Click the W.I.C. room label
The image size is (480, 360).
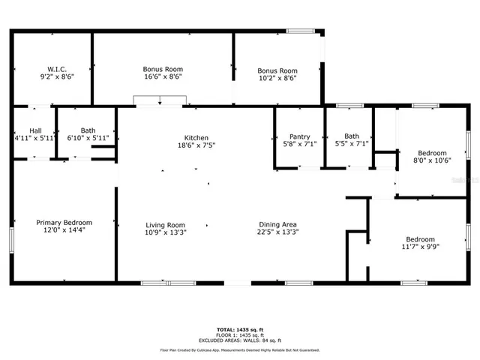pos(57,69)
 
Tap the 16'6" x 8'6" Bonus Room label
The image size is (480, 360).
pos(163,69)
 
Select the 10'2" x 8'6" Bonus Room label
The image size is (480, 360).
pos(277,70)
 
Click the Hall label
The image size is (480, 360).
pos(35,130)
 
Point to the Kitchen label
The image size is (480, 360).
pos(196,138)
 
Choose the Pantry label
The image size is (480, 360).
pos(300,136)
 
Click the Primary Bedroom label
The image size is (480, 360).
pos(64,223)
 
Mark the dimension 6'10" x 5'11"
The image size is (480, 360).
pos(88,138)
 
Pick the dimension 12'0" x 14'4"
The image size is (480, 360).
pos(64,231)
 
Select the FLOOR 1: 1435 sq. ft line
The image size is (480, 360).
pos(239,335)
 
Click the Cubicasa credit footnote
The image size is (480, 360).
pos(239,349)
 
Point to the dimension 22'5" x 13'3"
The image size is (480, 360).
pos(277,232)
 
